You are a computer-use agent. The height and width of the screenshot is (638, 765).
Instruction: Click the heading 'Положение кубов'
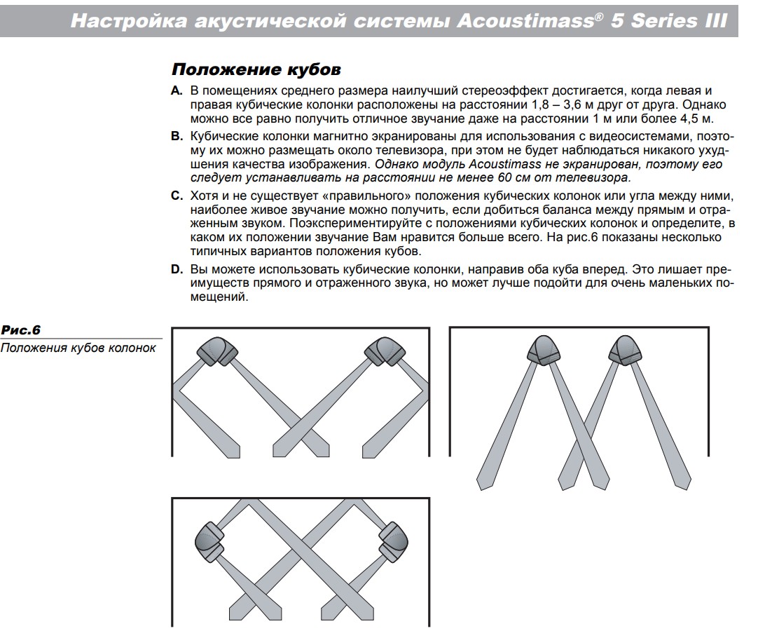click(x=256, y=70)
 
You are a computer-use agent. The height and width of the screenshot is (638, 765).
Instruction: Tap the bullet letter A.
click(x=177, y=92)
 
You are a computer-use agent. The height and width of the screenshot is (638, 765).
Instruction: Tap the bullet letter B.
click(x=177, y=136)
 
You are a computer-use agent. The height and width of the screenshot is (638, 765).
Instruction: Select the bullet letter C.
click(x=177, y=194)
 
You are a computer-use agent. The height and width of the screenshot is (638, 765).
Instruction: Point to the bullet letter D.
click(x=177, y=269)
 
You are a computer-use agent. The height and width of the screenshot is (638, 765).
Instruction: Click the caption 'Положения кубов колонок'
click(x=78, y=348)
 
